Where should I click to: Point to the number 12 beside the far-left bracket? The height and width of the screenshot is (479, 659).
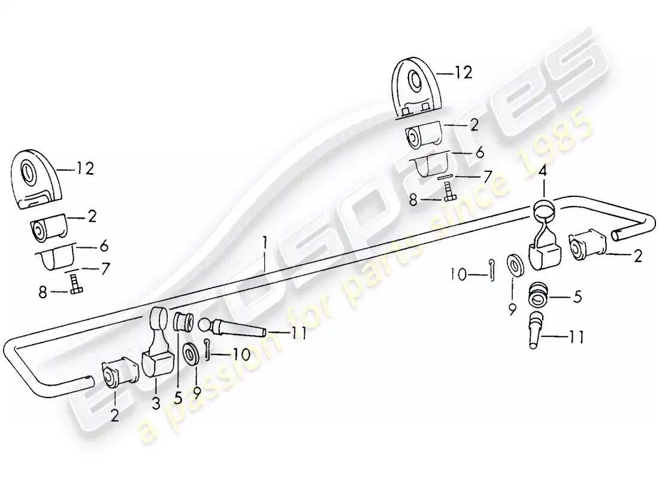point(85,169)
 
